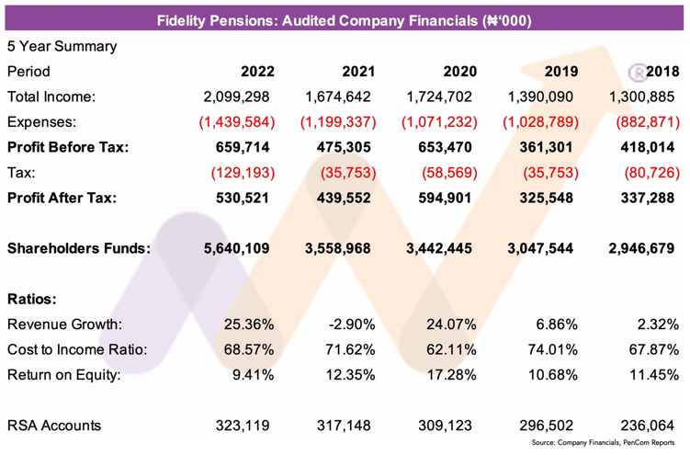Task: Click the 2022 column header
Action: pyautogui.click(x=258, y=71)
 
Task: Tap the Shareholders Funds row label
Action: pyautogui.click(x=78, y=247)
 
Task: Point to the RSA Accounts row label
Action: pyautogui.click(x=53, y=426)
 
